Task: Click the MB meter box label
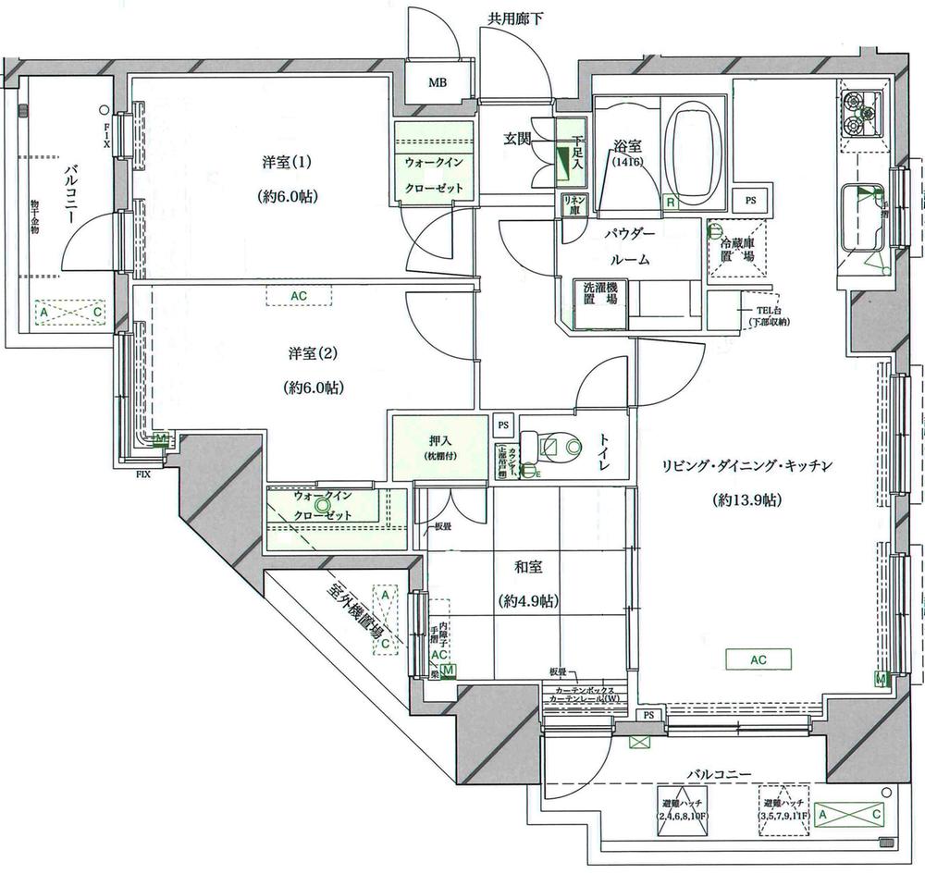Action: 438,83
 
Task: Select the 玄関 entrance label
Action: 517,140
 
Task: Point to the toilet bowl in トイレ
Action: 562,448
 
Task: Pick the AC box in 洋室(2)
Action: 298,296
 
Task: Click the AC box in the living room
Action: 759,659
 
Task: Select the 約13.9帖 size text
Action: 748,500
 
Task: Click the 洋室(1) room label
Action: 287,163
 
